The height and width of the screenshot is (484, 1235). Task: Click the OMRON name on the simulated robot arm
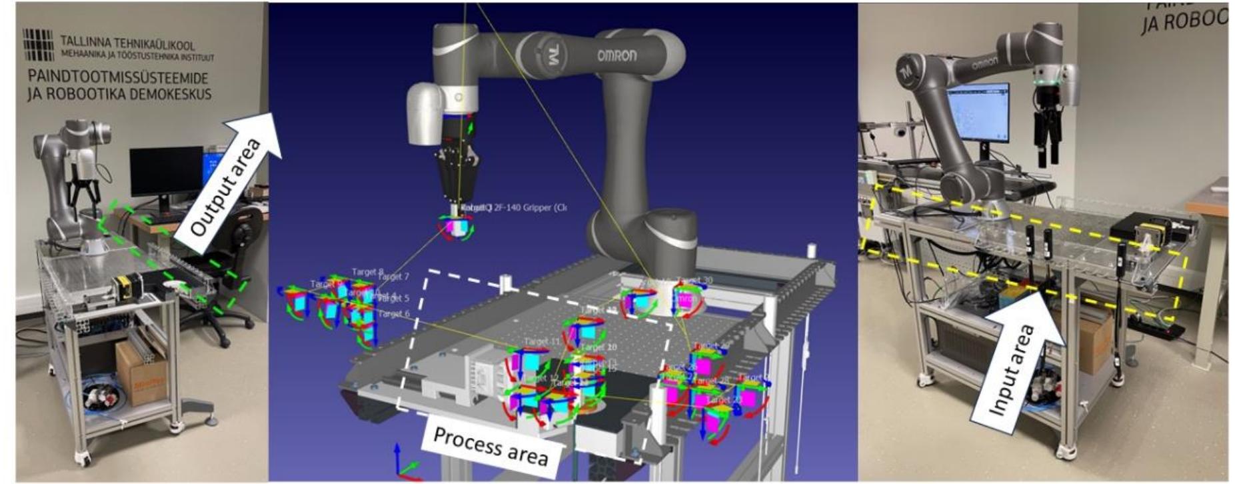617,55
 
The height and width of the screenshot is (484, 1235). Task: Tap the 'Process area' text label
490,445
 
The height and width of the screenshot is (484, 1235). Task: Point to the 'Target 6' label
393,314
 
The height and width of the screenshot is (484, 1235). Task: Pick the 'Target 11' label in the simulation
541,341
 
